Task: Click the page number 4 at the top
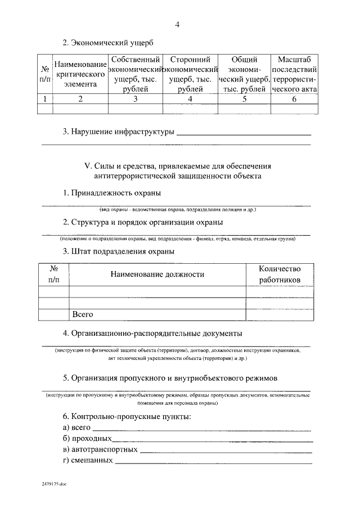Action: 178,24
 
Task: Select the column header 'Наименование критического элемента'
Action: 80,74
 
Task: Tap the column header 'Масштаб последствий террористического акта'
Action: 294,74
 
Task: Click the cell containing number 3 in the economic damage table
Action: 135,99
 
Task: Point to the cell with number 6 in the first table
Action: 294,99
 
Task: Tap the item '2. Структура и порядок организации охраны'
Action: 143,222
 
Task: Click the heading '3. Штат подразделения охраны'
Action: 118,251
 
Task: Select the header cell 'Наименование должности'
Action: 157,274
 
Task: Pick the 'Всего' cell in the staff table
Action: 83,314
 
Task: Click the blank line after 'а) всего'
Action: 201,428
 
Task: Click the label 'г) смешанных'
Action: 88,460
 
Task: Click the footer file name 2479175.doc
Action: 53,483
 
